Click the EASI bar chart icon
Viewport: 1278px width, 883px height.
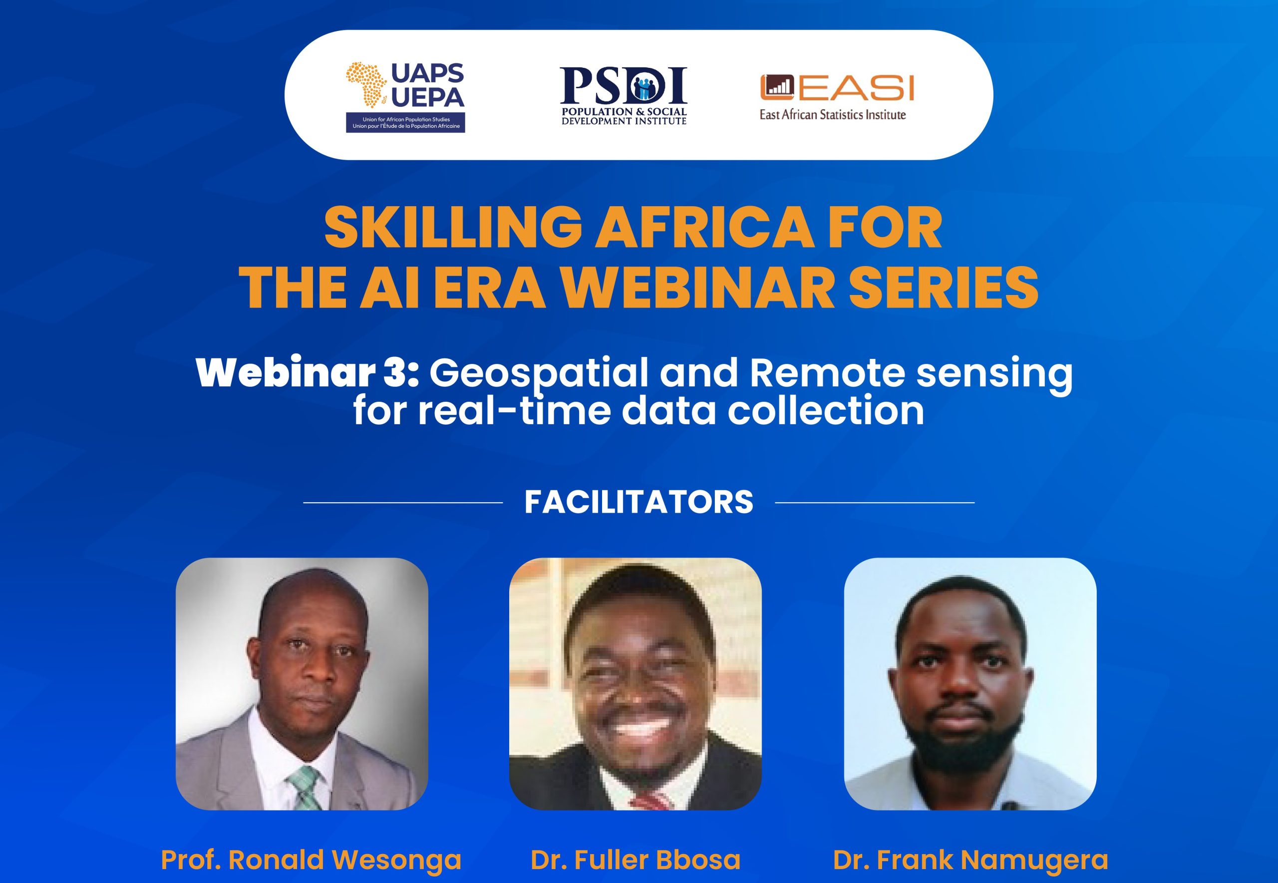point(777,87)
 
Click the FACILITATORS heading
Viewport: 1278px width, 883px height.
point(639,502)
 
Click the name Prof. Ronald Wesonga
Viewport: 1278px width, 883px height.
point(311,860)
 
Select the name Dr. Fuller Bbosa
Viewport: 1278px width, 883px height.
point(636,860)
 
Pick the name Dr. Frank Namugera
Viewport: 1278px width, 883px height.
point(970,860)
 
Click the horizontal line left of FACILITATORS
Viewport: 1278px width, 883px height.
point(403,502)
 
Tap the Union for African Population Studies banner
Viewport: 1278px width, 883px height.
point(405,123)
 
